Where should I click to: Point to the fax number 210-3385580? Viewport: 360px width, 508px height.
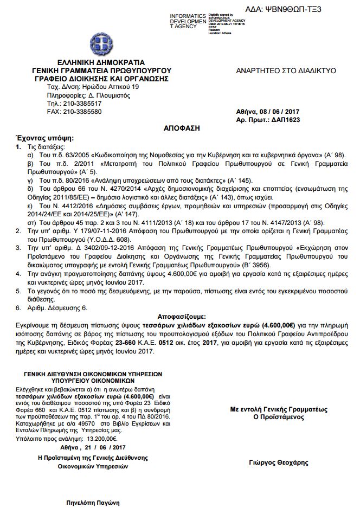click(x=82, y=112)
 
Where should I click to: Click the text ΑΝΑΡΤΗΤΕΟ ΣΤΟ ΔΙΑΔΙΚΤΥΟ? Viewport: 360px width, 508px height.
click(x=286, y=71)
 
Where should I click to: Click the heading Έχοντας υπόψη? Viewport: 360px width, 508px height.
click(x=34, y=138)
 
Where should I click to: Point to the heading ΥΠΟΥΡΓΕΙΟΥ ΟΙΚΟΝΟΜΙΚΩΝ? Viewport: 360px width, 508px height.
click(x=92, y=381)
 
